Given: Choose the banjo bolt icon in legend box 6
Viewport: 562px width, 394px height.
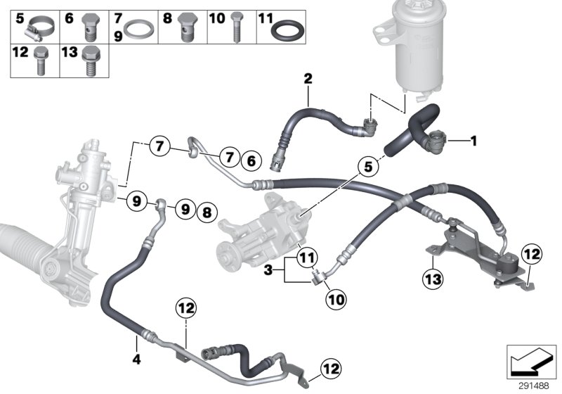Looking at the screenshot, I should coord(89,28).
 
